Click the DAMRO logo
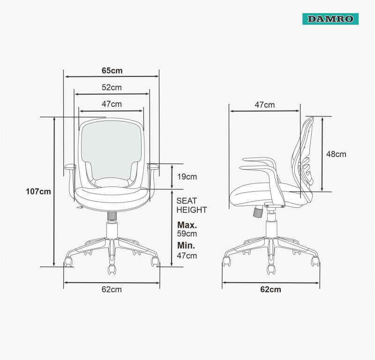[330, 19]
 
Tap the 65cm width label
[112, 71]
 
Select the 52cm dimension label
[112, 88]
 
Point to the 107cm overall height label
[38, 191]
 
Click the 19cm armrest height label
[187, 177]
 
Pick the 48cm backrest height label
[336, 154]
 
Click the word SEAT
[187, 201]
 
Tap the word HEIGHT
[192, 210]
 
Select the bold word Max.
[187, 225]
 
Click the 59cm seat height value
[187, 233]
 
